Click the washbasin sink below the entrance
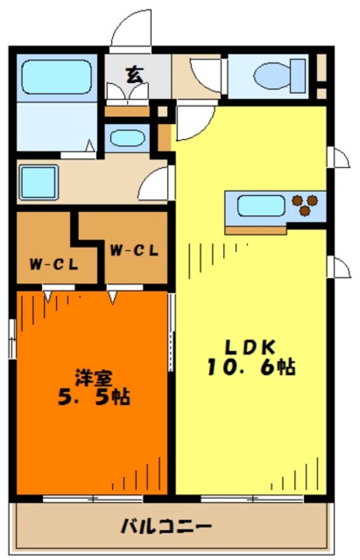tap(127, 137)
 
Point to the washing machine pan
tap(38, 182)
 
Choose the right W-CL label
tap(134, 251)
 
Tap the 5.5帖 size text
tap(93, 397)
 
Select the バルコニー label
tap(166, 527)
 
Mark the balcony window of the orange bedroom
tap(93, 498)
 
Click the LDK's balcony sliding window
tap(252, 498)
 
